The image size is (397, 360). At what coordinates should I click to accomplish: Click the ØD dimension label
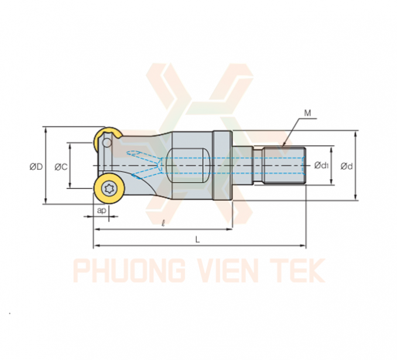36,167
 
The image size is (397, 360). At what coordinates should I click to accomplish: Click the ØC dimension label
61,167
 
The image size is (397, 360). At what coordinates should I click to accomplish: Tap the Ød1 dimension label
321,165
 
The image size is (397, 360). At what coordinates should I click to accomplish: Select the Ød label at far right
347,166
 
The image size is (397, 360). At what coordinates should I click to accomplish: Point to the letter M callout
307,113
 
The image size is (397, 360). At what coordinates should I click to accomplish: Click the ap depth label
101,210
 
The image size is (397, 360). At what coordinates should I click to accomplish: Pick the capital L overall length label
197,239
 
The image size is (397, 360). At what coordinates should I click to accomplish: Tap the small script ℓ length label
163,223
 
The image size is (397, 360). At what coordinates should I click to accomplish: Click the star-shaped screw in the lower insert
109,188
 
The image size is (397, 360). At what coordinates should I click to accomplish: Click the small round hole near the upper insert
107,143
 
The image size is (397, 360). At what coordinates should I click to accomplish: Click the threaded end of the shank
285,165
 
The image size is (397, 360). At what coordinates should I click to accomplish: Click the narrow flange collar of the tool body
223,165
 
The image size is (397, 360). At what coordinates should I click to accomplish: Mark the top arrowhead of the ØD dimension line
46,130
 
